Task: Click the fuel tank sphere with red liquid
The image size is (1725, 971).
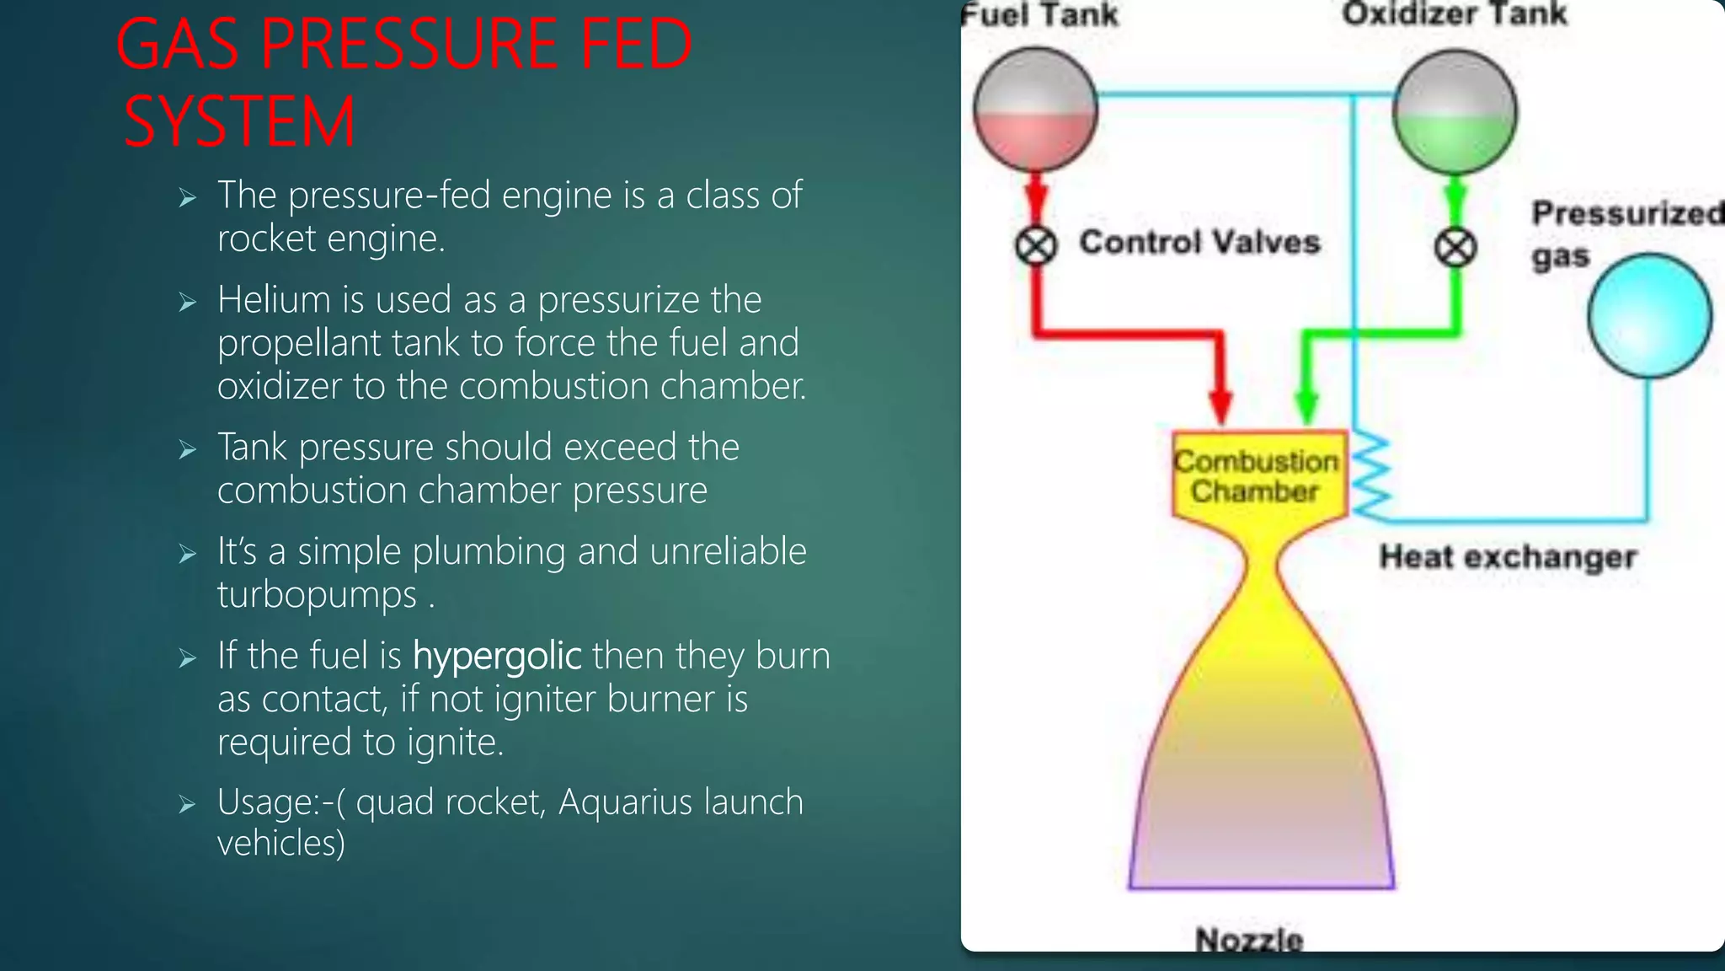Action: (x=1035, y=110)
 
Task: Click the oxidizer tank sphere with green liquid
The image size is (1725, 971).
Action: (x=1455, y=112)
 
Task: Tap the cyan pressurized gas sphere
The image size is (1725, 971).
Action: (x=1649, y=316)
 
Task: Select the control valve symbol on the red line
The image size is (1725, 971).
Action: (x=1035, y=247)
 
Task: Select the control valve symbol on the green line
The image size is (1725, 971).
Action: (x=1455, y=249)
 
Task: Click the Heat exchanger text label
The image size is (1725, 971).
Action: (x=1507, y=557)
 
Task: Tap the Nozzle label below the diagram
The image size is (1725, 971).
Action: (x=1249, y=939)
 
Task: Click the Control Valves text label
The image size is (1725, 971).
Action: (x=1199, y=243)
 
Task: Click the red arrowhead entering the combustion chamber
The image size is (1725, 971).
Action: (x=1220, y=405)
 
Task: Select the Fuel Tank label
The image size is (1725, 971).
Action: (x=1040, y=15)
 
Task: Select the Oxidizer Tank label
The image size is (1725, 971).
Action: (x=1455, y=14)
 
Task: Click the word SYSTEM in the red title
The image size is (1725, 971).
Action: (x=240, y=121)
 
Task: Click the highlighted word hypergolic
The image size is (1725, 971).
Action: (x=497, y=656)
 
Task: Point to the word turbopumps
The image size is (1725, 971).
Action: (x=317, y=594)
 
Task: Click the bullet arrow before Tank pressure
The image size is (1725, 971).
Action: (x=188, y=450)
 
